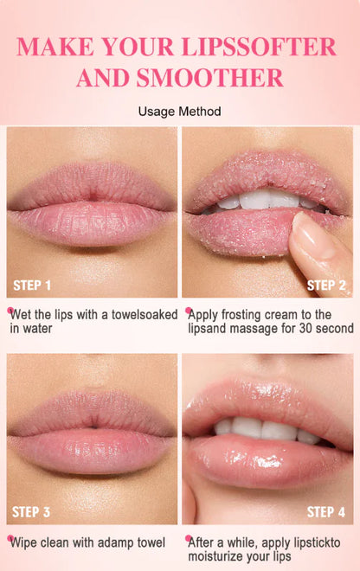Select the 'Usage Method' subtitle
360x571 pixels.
179,112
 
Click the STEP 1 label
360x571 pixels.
32,285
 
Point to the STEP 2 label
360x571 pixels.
326,285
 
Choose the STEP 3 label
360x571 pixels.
32,512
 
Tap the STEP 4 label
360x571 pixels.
326,512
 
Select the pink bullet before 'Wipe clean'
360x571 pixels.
10,539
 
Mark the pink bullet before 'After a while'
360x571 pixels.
188,539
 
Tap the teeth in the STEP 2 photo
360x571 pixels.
260,202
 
